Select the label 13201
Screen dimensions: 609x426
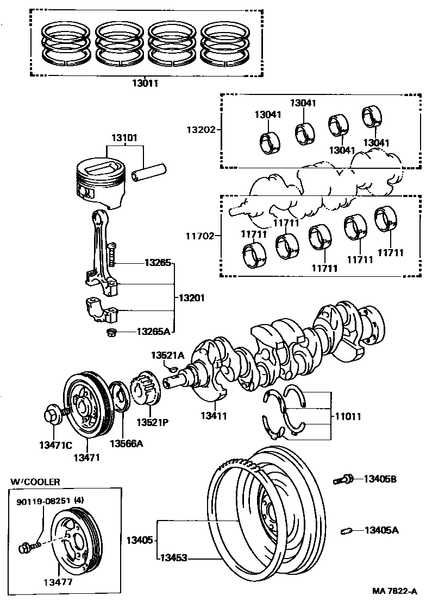point(191,298)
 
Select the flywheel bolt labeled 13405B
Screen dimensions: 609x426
point(343,479)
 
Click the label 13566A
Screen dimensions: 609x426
point(126,443)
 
